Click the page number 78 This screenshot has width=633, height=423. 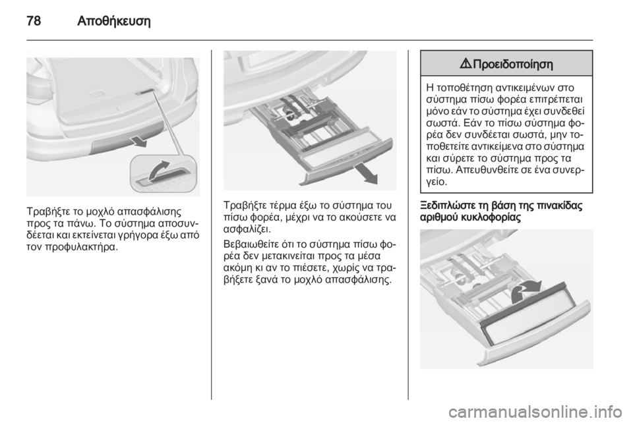click(x=34, y=20)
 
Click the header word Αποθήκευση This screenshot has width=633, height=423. click(x=113, y=21)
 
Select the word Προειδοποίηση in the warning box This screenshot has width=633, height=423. click(x=513, y=64)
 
